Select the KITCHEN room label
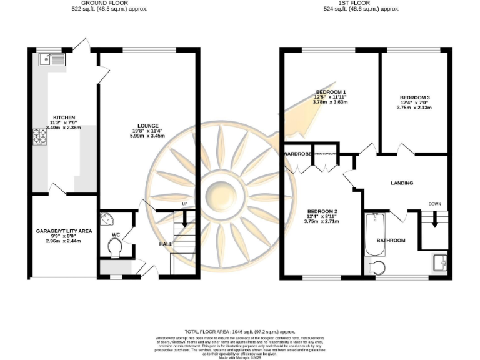click(64, 117)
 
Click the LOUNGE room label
click(148, 126)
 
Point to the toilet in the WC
click(116, 249)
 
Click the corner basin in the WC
click(107, 219)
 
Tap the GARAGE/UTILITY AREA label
click(64, 231)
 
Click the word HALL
click(166, 244)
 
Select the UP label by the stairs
click(185, 204)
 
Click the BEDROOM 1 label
click(331, 92)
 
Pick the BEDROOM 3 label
click(414, 97)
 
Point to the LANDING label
click(402, 182)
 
